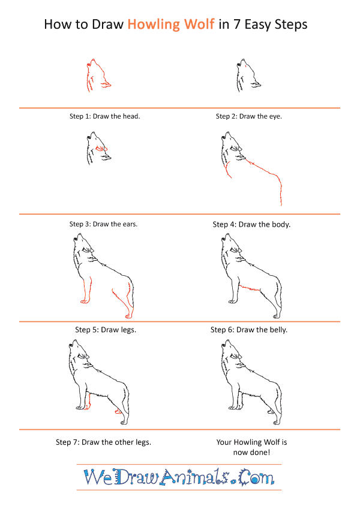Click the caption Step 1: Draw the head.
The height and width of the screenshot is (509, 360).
point(104,116)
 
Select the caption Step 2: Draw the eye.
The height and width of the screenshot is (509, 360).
point(248,116)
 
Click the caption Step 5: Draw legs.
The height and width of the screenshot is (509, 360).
point(106,330)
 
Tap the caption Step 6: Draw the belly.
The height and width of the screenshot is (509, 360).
point(249,330)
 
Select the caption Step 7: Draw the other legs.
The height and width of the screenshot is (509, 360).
point(103,442)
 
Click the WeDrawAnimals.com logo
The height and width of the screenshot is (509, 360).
point(179,477)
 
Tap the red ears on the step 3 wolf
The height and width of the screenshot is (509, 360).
point(100,147)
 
